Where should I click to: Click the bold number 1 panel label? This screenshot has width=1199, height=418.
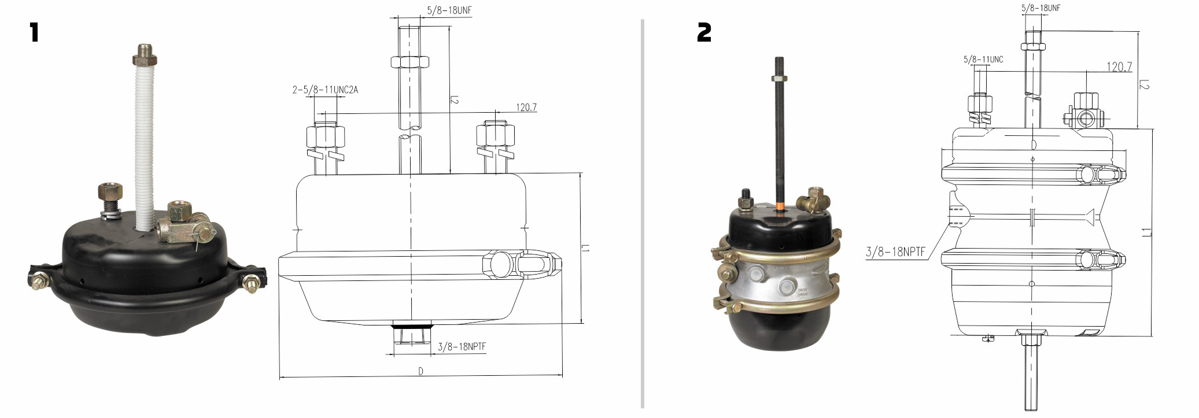click(34, 32)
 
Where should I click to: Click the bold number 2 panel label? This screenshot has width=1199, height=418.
click(704, 32)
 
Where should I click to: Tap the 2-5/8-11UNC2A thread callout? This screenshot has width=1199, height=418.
click(326, 90)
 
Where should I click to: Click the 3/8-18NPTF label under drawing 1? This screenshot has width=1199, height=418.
click(462, 347)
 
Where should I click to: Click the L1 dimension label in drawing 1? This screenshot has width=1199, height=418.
click(585, 249)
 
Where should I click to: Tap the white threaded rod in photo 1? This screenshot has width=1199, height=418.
click(143, 139)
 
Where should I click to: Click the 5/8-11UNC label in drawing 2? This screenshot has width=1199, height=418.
click(983, 60)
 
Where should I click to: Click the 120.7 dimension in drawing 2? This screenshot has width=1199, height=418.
click(1119, 66)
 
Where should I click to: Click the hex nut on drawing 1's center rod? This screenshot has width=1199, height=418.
click(409, 61)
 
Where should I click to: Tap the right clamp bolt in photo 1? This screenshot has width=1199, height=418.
click(252, 284)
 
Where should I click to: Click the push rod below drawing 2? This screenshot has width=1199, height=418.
click(1031, 370)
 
